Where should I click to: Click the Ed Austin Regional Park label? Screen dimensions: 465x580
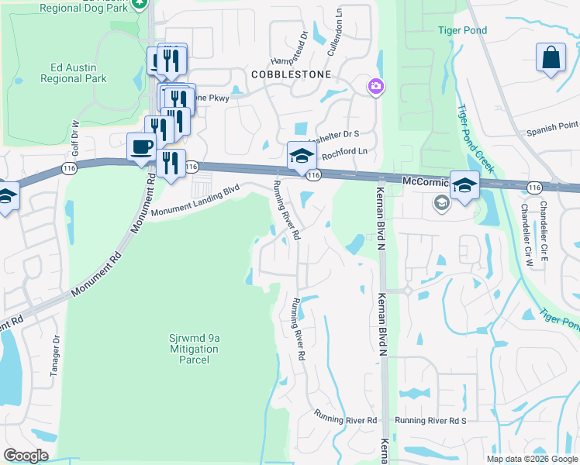pos(74,72)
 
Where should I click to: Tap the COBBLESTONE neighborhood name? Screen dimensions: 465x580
pos(290,74)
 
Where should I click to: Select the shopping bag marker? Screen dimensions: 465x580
pos(551,58)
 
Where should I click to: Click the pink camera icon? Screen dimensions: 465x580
pos(375,85)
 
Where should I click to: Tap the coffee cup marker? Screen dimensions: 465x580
pos(142,146)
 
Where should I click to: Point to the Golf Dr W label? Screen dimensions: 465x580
pos(76,136)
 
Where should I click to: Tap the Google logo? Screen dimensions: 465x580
pos(26,456)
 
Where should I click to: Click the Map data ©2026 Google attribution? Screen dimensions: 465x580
pos(531,459)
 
